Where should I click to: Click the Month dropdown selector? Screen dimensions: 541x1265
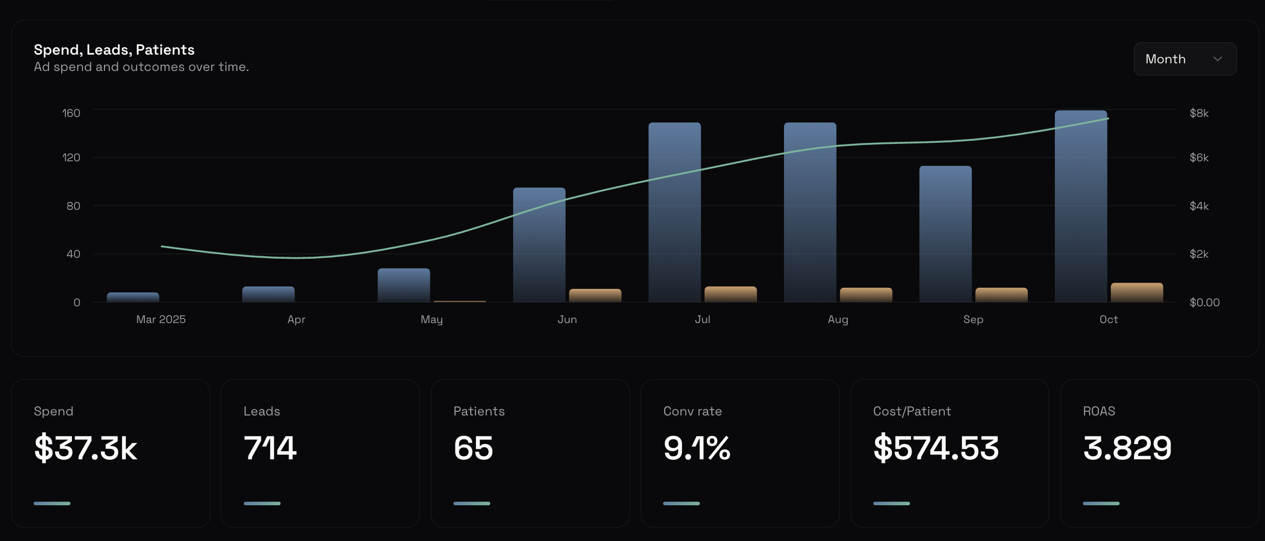pos(1184,59)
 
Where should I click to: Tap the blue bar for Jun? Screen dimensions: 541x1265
pos(539,245)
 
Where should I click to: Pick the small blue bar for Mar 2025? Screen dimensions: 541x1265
pos(133,297)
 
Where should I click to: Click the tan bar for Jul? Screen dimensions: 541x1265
pos(730,294)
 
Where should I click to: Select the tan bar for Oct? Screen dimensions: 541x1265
pos(1136,292)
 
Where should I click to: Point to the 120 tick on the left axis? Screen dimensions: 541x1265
pos(71,158)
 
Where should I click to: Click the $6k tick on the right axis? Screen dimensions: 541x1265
pos(1199,158)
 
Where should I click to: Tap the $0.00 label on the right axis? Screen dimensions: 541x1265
pos(1204,303)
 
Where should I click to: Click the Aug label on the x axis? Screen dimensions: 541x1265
pos(838,319)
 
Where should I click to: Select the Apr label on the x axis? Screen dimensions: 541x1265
pos(296,319)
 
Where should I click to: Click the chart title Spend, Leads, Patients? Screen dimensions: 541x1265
pos(114,50)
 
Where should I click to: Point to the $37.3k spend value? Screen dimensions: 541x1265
pos(86,448)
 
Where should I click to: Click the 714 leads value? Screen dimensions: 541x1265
pos(270,448)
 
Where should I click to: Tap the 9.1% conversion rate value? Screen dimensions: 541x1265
pos(697,448)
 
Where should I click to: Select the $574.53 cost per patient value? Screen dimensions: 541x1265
pos(936,448)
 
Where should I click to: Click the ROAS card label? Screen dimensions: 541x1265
pos(1099,411)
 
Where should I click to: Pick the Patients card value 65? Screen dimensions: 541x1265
pos(473,448)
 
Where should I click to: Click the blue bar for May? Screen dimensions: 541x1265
pos(403,285)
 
